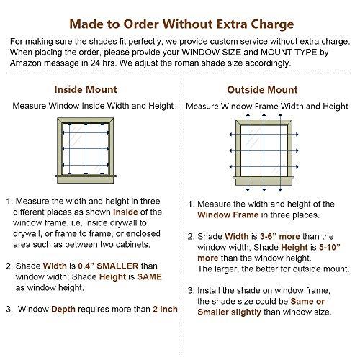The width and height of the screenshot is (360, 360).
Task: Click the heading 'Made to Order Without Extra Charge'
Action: click(x=181, y=24)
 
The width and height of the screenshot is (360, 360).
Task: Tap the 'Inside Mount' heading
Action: click(x=86, y=89)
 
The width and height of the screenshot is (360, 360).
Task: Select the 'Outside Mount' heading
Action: click(x=262, y=90)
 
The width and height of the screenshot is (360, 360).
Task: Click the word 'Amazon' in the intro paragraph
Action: click(x=26, y=63)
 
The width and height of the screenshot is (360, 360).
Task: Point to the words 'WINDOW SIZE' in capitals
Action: click(x=212, y=52)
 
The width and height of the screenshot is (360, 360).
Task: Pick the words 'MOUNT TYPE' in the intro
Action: click(x=289, y=52)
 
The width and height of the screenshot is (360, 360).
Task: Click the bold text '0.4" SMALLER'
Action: click(x=108, y=266)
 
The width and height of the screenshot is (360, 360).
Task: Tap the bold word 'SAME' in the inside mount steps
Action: click(x=150, y=276)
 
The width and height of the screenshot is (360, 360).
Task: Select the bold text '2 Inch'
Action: click(x=165, y=309)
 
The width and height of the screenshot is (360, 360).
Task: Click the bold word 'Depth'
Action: click(x=63, y=310)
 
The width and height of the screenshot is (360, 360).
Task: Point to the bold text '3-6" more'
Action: click(x=280, y=236)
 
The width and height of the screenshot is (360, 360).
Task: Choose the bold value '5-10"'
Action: click(x=330, y=247)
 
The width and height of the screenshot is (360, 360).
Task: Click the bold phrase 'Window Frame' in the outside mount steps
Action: click(x=228, y=215)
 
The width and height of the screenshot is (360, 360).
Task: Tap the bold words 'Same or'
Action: click(x=307, y=301)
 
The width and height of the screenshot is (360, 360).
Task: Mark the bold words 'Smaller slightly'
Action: click(x=229, y=312)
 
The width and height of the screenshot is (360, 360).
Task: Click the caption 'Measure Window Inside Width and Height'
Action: click(x=93, y=106)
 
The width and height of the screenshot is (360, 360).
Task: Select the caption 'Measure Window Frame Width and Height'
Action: click(x=267, y=106)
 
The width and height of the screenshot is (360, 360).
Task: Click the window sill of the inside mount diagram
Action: click(x=86, y=176)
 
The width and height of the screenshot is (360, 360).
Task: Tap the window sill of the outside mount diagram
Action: click(x=264, y=178)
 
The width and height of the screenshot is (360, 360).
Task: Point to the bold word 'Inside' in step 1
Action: click(x=125, y=212)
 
